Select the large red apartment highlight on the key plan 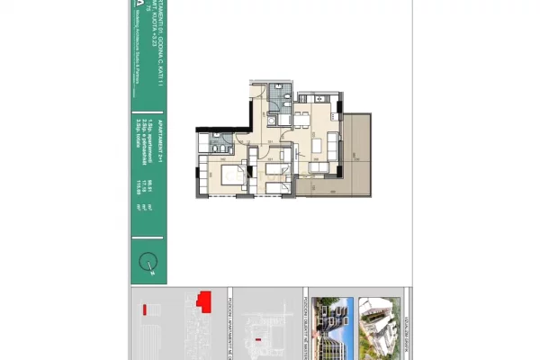coord(204,299)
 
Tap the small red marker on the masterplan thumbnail coord(260,338)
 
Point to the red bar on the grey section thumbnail coord(144,310)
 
